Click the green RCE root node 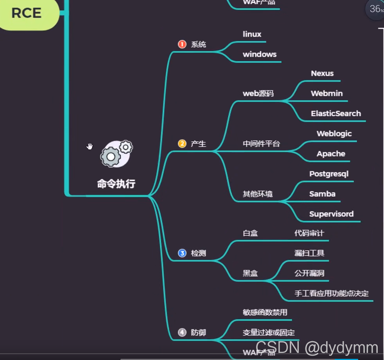pos(27,14)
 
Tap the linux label pos(252,34)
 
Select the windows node pos(259,54)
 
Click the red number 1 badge pos(182,44)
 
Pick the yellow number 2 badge pos(182,144)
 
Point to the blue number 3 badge pos(182,253)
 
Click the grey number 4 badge pos(182,333)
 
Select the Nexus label pos(322,74)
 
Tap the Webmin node pos(327,94)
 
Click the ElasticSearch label pos(336,114)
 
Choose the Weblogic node pos(334,134)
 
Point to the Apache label pos(331,154)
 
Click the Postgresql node pos(328,174)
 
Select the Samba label pos(322,194)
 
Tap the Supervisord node pos(331,214)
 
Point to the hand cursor pos(90,146)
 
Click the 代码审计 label pos(309,234)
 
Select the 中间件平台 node pos(261,144)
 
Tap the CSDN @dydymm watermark pos(317,347)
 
